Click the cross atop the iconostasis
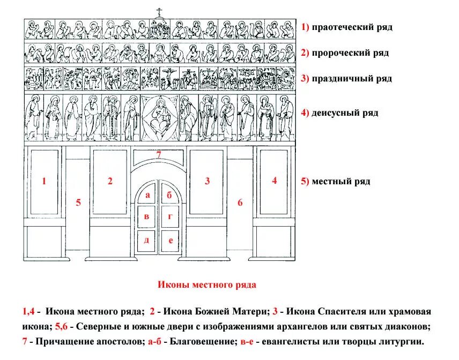(159, 11)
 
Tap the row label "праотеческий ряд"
(350, 27)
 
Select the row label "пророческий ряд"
(349, 53)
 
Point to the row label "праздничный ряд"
(350, 79)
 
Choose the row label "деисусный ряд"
(343, 112)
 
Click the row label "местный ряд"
(339, 182)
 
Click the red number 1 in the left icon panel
(44, 182)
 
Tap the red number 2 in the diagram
(110, 182)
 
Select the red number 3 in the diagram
(208, 182)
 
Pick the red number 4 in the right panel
(274, 181)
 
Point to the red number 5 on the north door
(78, 202)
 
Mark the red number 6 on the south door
(240, 202)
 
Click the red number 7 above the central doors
(159, 155)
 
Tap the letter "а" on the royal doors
(146, 196)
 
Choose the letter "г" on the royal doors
(170, 217)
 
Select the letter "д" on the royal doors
(146, 240)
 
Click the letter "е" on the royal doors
(170, 240)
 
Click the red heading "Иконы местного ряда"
(206, 285)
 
